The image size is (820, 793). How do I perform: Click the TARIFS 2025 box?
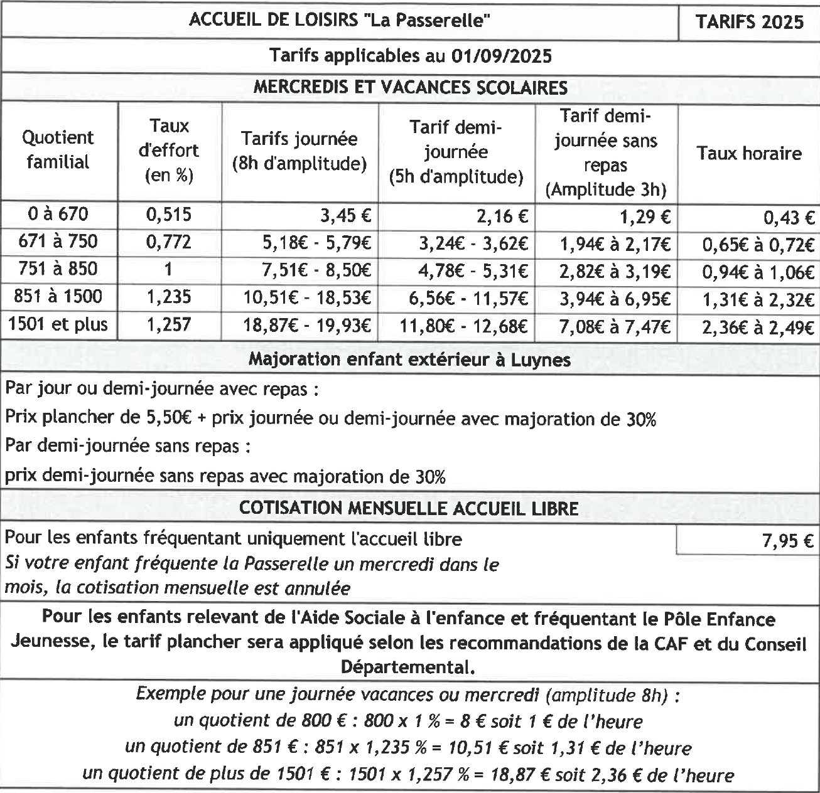pos(749,22)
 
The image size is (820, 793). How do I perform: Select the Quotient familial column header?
pos(58,150)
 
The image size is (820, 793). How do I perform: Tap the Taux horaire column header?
pos(749,154)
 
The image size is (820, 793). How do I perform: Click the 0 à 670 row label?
pos(58,215)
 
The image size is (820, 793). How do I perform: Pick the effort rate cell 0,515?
pos(169,215)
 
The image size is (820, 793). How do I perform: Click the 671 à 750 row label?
pos(58,242)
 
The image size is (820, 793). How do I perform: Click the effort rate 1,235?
pos(169,297)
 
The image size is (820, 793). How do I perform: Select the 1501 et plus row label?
pos(58,325)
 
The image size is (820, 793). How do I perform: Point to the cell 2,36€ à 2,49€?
pos(758,327)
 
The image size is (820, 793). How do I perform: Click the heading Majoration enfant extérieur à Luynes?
pos(409,359)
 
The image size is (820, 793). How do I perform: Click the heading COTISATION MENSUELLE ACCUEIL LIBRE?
pos(409,508)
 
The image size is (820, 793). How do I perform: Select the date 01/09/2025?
pos(501,56)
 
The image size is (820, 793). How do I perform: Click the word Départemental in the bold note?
pos(407,667)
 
